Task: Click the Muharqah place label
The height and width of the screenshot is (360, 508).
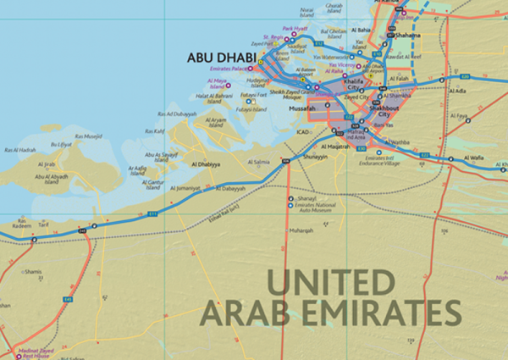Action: (x=301, y=230)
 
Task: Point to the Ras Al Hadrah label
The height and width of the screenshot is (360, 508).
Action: (x=20, y=150)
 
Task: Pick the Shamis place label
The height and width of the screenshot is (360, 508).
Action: (x=33, y=272)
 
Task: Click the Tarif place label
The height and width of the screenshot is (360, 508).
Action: (x=42, y=225)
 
